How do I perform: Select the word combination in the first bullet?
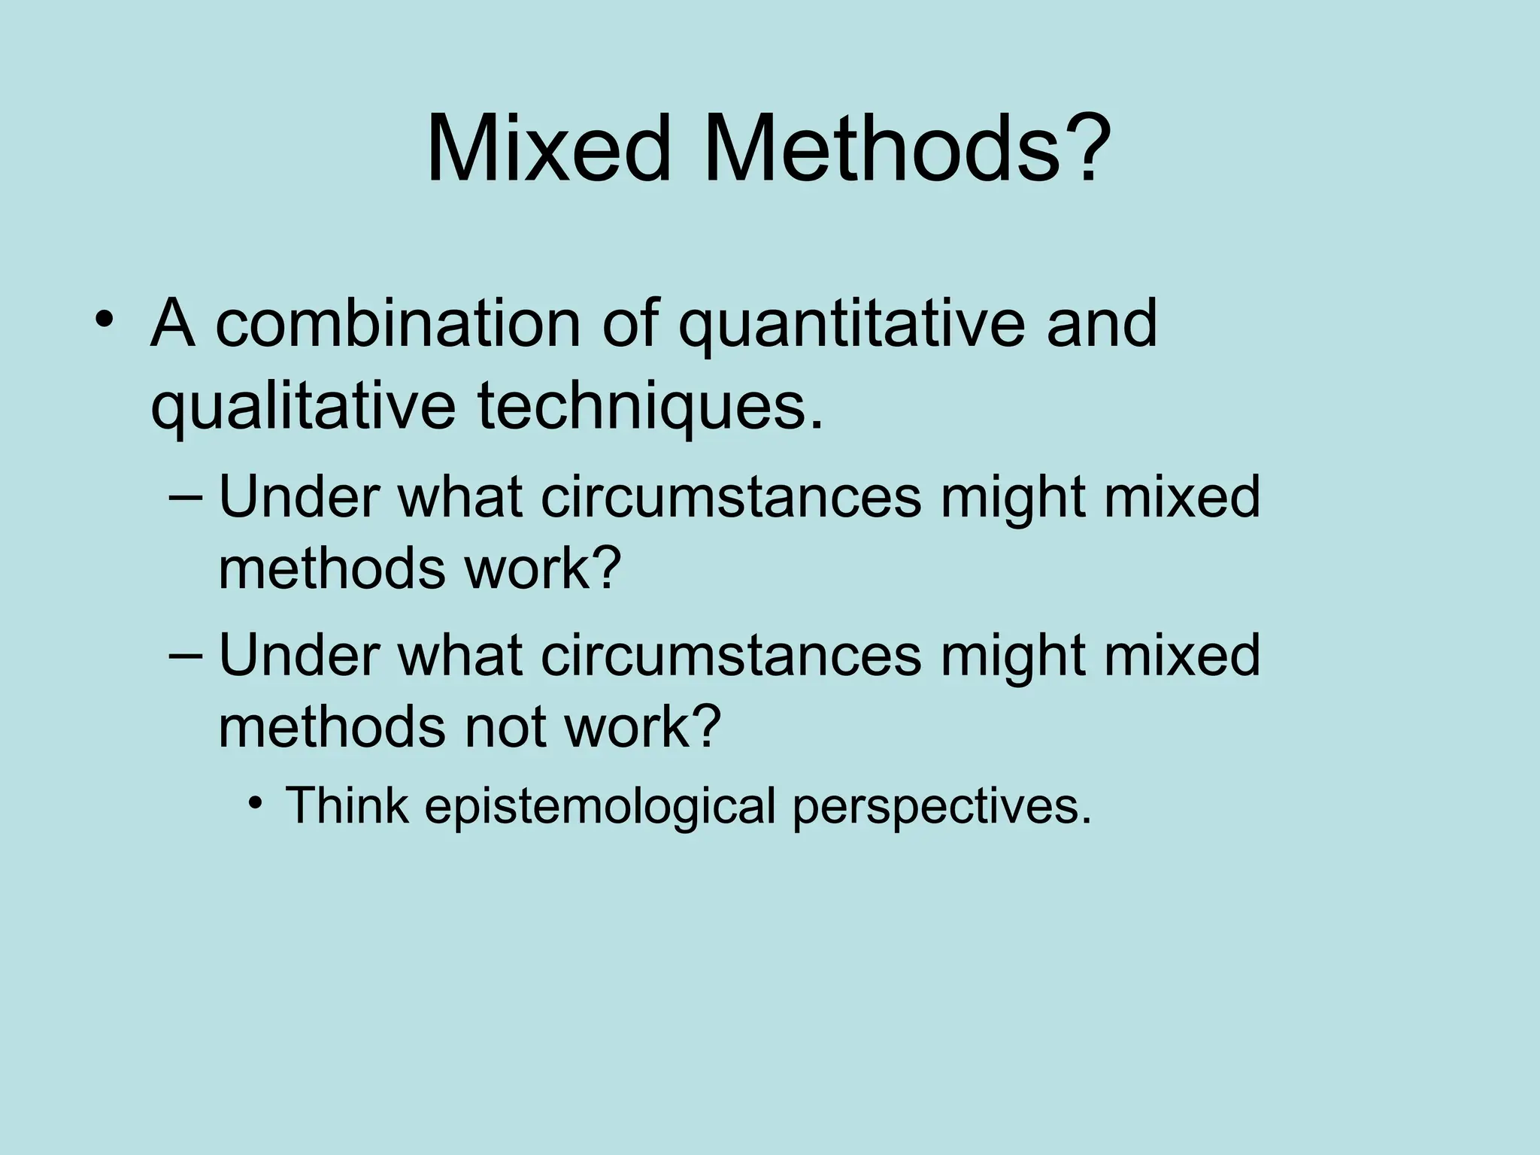coord(399,325)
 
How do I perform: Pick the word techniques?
coord(650,408)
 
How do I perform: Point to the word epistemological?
coord(600,806)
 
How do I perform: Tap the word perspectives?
coord(941,806)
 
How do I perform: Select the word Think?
coord(347,805)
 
